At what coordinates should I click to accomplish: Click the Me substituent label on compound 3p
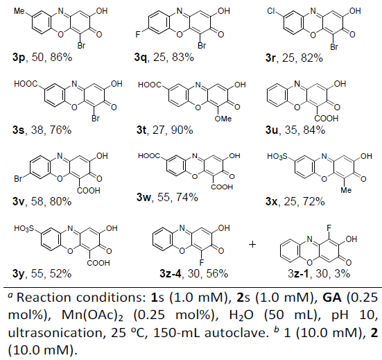coord(19,11)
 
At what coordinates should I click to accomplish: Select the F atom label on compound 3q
coord(138,35)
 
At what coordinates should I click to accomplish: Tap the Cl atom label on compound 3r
coord(271,11)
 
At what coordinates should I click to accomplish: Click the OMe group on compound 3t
coord(223,119)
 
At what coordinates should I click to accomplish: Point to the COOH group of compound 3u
coord(327,119)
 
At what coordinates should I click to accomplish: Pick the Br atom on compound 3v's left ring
coord(18,179)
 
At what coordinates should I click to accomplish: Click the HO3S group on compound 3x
coord(277,156)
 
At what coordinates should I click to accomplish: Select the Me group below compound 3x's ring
coord(346,190)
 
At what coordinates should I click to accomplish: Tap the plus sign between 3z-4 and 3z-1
coord(252,244)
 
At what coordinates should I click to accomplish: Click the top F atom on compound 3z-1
coord(329,228)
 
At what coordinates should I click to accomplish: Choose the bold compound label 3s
coord(18,130)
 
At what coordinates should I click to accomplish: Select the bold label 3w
coord(143,197)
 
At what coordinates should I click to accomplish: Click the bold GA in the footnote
coord(332,298)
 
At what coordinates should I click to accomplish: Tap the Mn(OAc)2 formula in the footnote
coord(92,316)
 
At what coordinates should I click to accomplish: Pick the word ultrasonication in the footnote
coord(55,333)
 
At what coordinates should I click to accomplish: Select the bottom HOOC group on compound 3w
coord(222,187)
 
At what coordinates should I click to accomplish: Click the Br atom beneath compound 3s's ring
coord(96,118)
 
